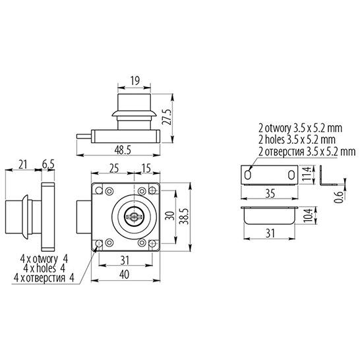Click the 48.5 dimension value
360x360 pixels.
coord(123,150)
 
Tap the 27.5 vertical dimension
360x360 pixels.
coord(167,117)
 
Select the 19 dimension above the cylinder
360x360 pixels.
coord(135,81)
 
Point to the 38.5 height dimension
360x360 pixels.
coord(184,216)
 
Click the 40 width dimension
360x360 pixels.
coord(125,274)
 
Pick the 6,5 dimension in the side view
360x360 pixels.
coord(48,164)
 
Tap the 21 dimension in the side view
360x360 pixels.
coord(22,165)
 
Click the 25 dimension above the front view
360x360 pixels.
coord(114,168)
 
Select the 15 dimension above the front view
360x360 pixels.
coord(146,168)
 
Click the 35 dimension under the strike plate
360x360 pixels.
coord(270,194)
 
